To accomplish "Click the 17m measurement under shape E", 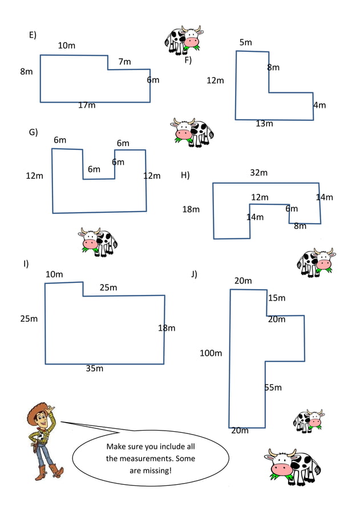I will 87,105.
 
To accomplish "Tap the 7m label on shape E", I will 124,62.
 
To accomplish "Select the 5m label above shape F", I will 245,42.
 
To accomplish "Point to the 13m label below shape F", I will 264,123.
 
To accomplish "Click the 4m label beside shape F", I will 319,105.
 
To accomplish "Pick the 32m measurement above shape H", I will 258,172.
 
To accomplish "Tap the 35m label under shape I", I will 95,368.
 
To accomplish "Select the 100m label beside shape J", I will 211,353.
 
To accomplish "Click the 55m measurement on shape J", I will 273,387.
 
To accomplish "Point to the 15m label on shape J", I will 277,298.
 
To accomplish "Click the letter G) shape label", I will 33,132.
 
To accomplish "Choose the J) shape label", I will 194,274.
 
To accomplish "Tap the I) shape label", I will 26,263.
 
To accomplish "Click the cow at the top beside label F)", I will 184,39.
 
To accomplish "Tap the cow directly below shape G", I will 98,242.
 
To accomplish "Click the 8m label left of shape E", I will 26,71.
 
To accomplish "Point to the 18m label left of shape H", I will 191,209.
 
